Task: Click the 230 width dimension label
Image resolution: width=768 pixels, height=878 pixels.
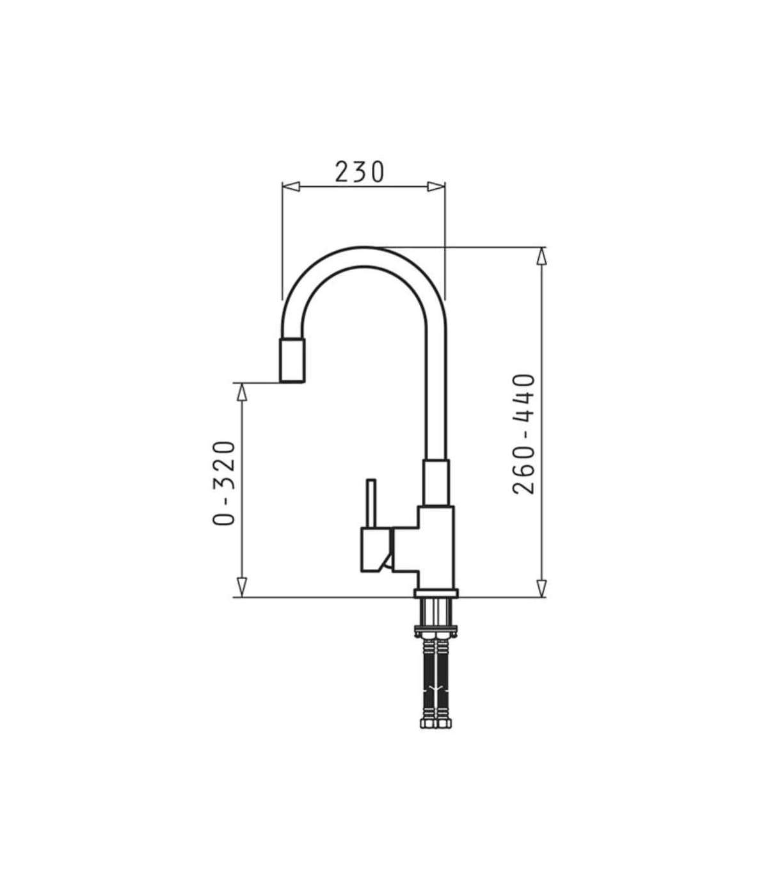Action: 358,172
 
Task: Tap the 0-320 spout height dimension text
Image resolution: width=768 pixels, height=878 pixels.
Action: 225,483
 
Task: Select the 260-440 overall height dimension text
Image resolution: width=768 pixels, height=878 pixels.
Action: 524,435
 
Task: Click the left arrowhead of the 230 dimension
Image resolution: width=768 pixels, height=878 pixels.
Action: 291,186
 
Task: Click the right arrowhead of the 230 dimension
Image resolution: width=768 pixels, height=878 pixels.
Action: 436,186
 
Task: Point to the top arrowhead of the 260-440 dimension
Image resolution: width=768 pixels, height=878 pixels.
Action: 542,256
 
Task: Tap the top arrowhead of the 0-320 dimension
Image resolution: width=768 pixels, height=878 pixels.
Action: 242,392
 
